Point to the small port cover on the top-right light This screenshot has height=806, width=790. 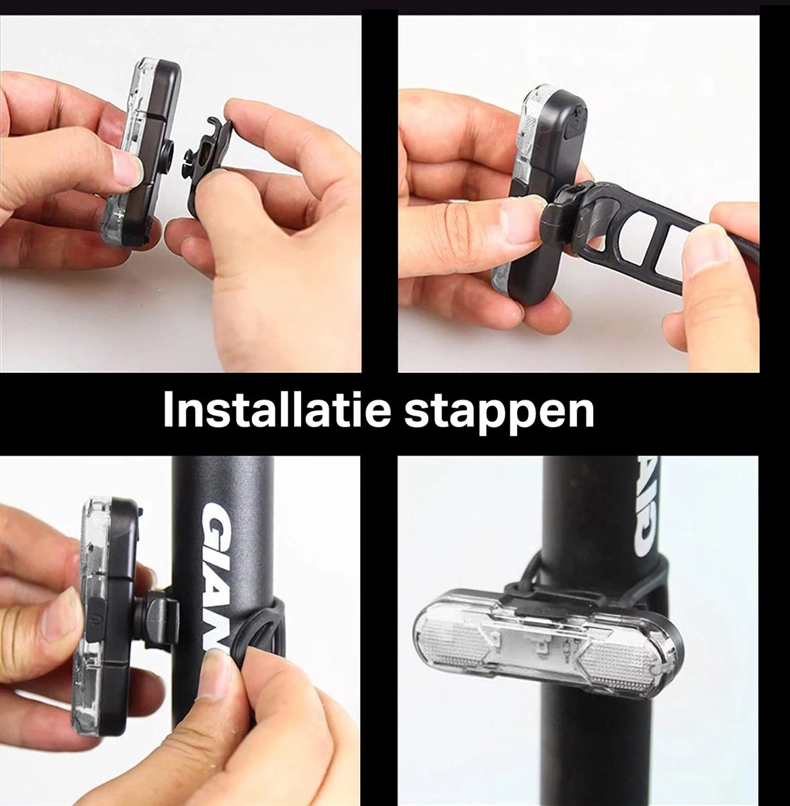coord(572,124)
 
